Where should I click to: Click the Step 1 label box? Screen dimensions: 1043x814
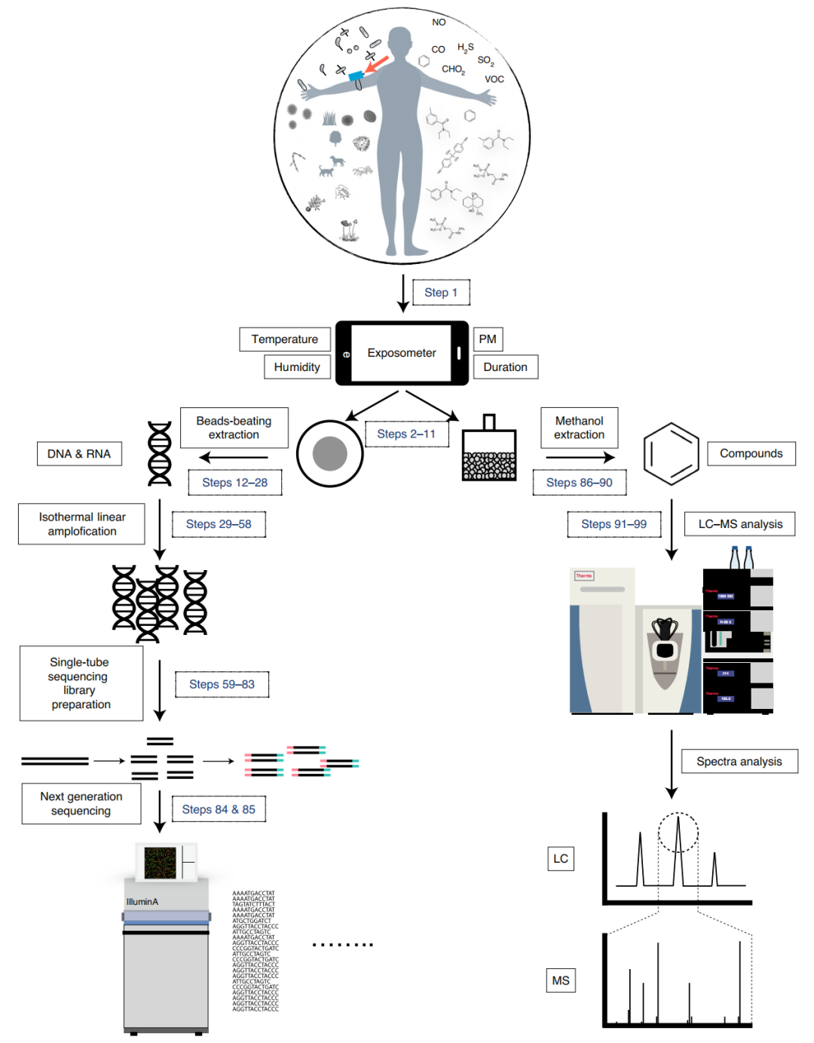coord(441,293)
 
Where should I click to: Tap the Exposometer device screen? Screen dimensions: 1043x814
coord(401,353)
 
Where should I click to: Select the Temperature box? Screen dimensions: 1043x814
coord(284,339)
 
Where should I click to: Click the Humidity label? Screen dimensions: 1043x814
coord(297,367)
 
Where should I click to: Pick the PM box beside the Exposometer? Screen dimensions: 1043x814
coord(488,339)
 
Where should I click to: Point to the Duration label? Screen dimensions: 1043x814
coord(505,367)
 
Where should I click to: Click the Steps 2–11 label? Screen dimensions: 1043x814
coord(406,434)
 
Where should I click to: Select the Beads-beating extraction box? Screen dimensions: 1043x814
coord(234,428)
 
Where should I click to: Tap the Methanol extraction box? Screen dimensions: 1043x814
coord(579,428)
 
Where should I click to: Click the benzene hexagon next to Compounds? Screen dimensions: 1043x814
coord(671,454)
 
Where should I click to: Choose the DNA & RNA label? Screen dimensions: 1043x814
coord(79,454)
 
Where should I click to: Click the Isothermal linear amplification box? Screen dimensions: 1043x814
coord(81,524)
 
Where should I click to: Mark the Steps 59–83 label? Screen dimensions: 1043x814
coord(222,685)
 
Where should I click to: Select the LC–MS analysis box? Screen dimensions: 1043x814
coord(740,524)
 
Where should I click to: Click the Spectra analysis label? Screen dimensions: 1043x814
coord(739,762)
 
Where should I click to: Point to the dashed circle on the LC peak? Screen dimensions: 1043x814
coord(678,833)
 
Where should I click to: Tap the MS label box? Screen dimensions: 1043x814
coord(561,980)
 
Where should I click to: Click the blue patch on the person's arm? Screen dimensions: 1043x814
coord(356,76)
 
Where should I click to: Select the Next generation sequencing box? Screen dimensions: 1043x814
coord(81,804)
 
